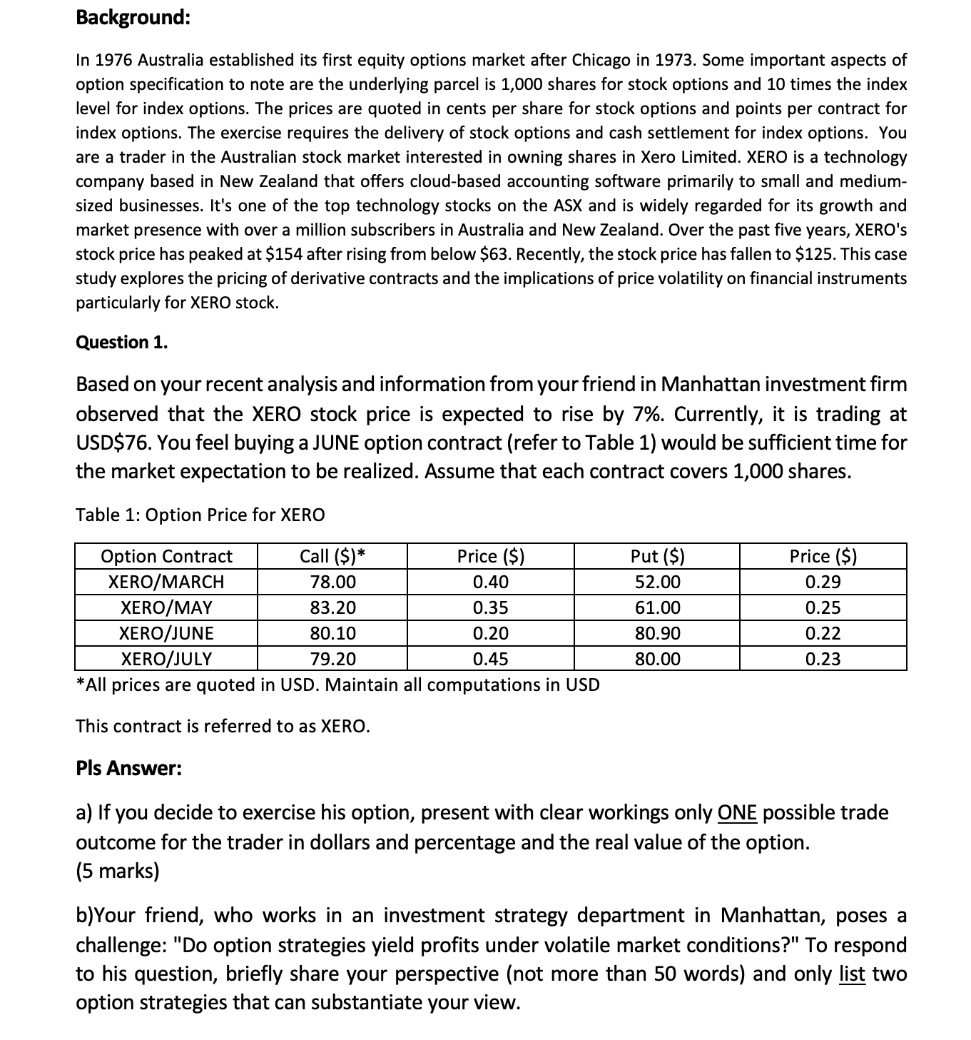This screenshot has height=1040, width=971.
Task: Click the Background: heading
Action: tap(133, 17)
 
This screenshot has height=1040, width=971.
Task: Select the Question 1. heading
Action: tap(122, 343)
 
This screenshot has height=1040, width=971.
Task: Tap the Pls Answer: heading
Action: tap(128, 769)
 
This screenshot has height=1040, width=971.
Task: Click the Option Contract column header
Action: tap(166, 556)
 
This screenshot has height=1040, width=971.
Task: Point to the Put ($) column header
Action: tap(657, 556)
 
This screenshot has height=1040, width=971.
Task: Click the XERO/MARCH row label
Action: tap(166, 582)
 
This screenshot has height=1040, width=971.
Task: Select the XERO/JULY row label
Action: tap(166, 659)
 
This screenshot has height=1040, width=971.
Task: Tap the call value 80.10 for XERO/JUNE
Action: tap(332, 633)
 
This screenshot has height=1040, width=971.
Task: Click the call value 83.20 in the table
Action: tap(332, 607)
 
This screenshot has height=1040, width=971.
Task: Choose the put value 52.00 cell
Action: tap(657, 582)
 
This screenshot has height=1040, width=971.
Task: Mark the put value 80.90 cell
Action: tap(657, 633)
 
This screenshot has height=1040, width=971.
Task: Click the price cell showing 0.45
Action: tap(490, 659)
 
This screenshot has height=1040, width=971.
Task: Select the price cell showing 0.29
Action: tap(823, 582)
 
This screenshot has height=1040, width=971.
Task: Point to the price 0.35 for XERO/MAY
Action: tap(490, 607)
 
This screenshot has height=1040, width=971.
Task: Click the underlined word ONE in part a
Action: tap(737, 813)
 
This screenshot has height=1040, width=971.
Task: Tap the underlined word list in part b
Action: tap(852, 974)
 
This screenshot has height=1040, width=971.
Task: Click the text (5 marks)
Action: tap(118, 872)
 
